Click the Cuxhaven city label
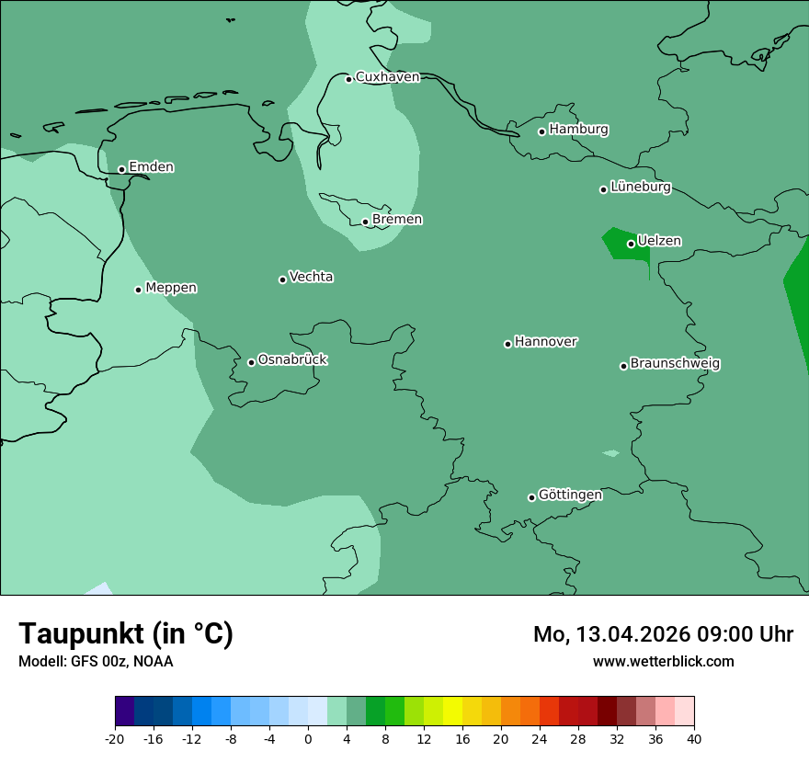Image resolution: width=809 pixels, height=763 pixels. pyautogui.click(x=387, y=77)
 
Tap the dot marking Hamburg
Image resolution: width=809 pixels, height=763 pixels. pyautogui.click(x=542, y=131)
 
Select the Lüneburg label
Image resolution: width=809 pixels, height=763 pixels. pyautogui.click(x=641, y=188)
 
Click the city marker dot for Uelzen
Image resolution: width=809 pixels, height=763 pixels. pyautogui.click(x=632, y=244)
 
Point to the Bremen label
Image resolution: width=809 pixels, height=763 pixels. pyautogui.click(x=397, y=220)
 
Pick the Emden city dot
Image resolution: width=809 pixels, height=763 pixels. pyautogui.click(x=121, y=169)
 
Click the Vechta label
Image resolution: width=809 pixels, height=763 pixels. pyautogui.click(x=311, y=277)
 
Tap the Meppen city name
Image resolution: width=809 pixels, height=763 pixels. pyautogui.click(x=171, y=288)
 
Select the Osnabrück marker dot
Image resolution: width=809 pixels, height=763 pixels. pyautogui.click(x=251, y=362)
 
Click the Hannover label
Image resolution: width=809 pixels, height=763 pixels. pyautogui.click(x=546, y=342)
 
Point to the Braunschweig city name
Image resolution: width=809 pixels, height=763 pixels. pyautogui.click(x=675, y=364)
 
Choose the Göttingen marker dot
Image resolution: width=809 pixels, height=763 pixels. pyautogui.click(x=531, y=497)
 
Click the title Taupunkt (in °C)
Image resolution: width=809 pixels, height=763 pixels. pyautogui.click(x=126, y=633)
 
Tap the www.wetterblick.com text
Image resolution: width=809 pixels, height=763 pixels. pyautogui.click(x=663, y=661)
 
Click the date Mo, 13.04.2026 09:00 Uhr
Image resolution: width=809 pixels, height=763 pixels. pyautogui.click(x=663, y=634)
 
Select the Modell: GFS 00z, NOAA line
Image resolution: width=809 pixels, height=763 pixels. pyautogui.click(x=96, y=661)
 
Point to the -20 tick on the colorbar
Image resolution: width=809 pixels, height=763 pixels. pyautogui.click(x=115, y=739)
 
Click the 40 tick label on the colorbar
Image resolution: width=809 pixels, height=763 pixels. pyautogui.click(x=694, y=739)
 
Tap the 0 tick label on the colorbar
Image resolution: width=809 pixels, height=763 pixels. pyautogui.click(x=308, y=739)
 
